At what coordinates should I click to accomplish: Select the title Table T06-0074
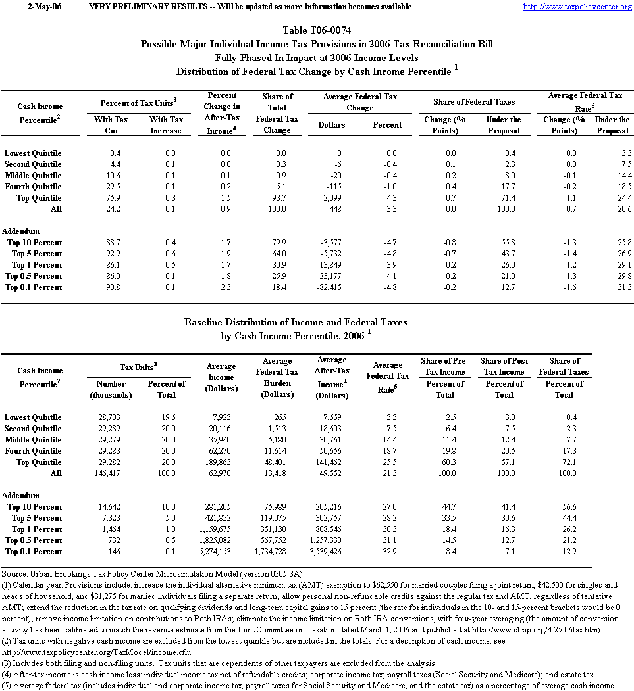coord(317,30)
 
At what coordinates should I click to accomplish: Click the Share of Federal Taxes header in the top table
coord(474,102)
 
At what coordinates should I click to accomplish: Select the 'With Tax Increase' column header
coord(166,125)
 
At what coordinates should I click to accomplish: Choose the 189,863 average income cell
coord(222,462)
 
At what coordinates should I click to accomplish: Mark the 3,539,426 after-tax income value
coord(332,552)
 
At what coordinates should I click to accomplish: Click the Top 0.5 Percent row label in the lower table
coord(34,540)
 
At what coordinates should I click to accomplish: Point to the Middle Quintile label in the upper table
coord(33,176)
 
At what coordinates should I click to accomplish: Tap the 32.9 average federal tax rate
coord(389,552)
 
